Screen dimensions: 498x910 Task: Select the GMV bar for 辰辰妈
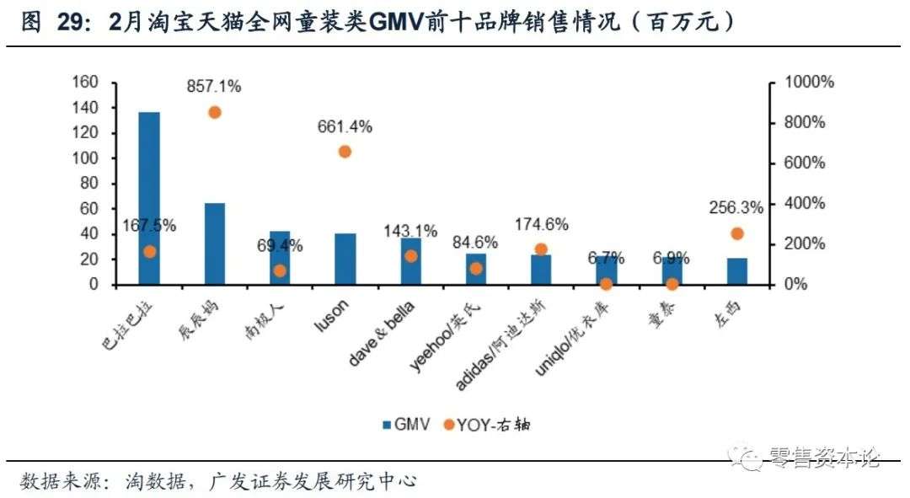[x=215, y=244]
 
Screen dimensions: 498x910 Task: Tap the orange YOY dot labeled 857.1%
[x=215, y=112]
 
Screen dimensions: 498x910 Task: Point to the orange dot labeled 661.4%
[x=345, y=152]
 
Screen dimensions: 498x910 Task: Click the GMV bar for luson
[x=345, y=259]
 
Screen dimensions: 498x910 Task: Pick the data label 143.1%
[x=410, y=230]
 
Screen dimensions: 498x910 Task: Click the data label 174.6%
[x=541, y=225]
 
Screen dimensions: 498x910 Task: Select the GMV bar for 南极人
[x=280, y=257]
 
